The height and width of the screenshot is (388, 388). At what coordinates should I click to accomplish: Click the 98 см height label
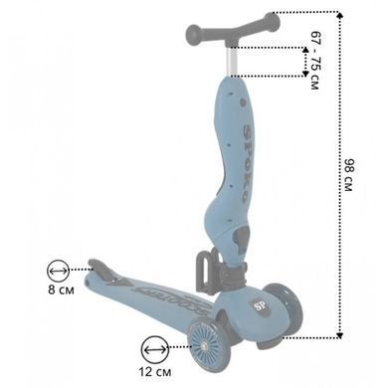pos(348,175)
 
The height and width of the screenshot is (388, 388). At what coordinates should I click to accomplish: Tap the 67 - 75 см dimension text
pos(315,60)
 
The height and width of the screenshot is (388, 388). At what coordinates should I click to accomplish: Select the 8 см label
pos(61,290)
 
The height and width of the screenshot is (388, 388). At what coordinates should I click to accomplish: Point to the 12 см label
pos(155,372)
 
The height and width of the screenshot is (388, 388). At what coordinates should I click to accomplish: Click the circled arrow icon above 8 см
pos(59,271)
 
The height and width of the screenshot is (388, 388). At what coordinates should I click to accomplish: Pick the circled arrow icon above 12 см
pos(154,349)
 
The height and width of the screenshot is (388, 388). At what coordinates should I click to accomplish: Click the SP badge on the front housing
pos(259,306)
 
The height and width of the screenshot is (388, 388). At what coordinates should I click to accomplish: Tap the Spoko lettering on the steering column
pos(248,163)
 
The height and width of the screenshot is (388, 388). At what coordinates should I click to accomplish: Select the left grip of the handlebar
pos(195,33)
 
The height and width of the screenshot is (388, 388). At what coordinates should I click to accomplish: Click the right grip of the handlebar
pos(272,22)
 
